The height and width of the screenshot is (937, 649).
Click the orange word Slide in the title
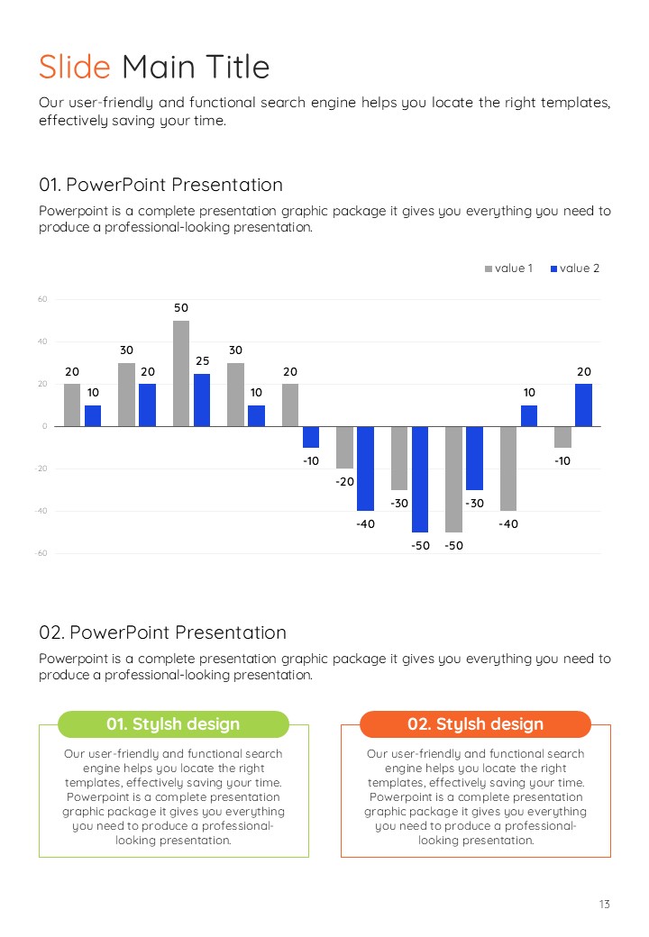tap(74, 67)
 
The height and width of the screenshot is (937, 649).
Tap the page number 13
tap(604, 904)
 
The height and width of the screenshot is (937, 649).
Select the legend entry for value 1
tap(509, 268)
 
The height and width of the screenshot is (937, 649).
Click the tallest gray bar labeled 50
tap(181, 373)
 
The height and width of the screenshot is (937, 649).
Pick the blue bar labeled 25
tap(202, 400)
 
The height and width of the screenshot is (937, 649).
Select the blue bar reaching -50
tap(420, 478)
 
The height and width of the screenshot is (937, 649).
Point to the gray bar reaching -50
tap(453, 478)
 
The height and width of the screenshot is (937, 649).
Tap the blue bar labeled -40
tap(365, 468)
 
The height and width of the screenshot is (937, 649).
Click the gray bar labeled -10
tap(562, 437)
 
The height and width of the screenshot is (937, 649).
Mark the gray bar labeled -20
tap(344, 447)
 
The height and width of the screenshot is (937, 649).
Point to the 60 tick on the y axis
tap(42, 299)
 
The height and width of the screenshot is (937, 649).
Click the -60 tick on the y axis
tap(41, 553)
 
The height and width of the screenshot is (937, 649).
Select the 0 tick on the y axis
tap(44, 426)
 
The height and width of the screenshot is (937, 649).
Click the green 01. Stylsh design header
tap(173, 724)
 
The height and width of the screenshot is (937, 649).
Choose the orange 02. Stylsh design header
tap(475, 724)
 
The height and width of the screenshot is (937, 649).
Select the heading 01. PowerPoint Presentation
tap(160, 185)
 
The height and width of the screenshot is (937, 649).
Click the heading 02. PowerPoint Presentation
tap(162, 632)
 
